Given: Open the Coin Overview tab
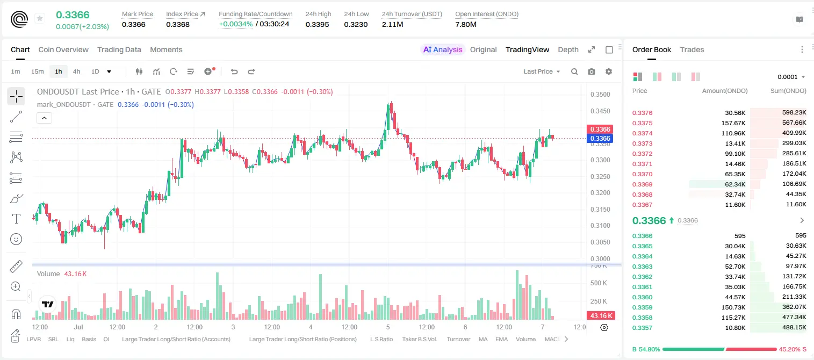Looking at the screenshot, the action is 63,49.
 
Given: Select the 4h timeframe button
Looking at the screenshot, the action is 76,71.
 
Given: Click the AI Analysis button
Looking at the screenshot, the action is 443,49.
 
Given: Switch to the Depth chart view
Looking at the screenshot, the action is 568,49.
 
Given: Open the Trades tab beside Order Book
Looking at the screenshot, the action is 692,49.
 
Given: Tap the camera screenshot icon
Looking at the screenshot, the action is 592,71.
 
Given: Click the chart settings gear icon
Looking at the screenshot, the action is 609,71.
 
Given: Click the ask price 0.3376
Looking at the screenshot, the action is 642,113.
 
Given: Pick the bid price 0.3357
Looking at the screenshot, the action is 642,328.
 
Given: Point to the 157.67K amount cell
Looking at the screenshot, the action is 733,123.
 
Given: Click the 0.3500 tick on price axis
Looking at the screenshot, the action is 600,95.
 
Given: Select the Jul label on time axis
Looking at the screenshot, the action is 78,327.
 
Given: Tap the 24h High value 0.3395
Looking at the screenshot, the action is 317,24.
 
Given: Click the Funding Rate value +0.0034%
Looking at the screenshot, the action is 235,24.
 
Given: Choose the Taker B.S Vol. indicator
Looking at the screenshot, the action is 419,339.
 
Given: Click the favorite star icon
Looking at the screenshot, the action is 40,18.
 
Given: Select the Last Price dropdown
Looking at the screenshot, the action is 542,71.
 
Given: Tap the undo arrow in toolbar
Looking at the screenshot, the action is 234,71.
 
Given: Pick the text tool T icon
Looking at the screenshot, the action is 16,219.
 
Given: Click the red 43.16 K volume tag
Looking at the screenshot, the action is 600,316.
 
